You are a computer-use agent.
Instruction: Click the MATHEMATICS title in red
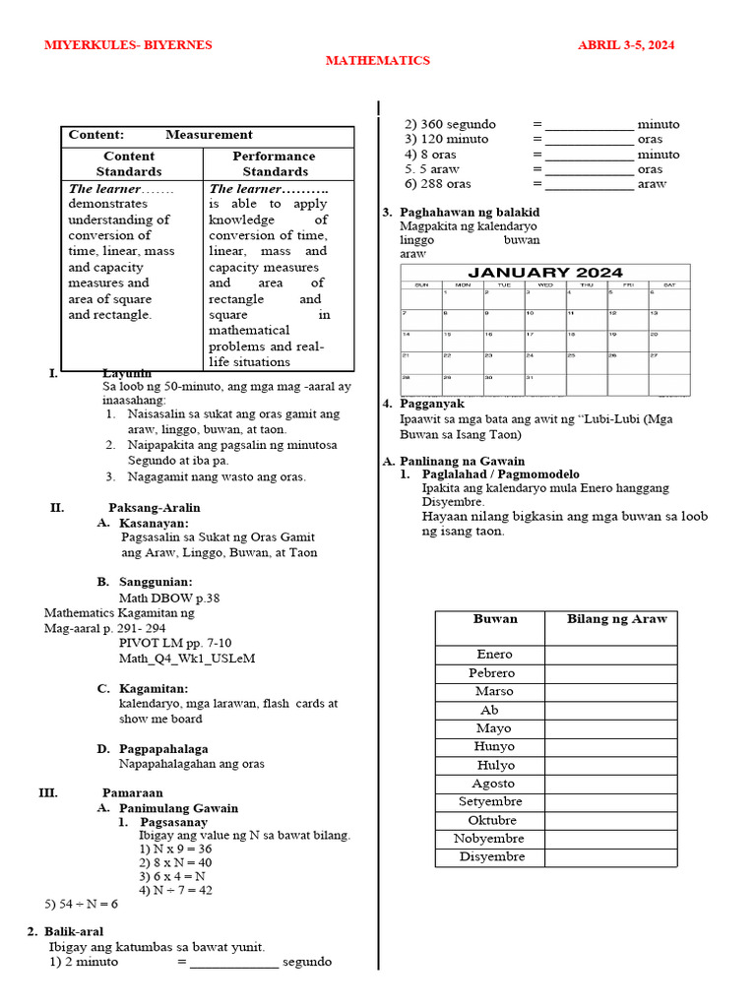point(378,61)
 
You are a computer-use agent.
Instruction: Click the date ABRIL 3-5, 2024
point(625,45)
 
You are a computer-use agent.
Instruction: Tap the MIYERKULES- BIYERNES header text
point(128,45)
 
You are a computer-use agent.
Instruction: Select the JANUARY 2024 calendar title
point(544,273)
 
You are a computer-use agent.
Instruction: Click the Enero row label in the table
point(494,655)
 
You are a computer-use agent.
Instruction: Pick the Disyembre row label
point(493,857)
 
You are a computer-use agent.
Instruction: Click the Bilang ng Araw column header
point(616,619)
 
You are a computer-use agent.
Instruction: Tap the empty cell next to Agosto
point(610,784)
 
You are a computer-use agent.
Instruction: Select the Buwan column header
point(495,619)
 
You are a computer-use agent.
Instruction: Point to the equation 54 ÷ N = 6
point(81,904)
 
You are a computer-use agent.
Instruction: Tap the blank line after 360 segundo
point(589,126)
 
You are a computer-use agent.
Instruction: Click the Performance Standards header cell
point(274,163)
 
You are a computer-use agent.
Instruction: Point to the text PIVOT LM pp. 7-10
point(175,643)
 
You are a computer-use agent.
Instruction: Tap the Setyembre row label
point(490,802)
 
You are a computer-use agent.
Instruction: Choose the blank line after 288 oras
point(589,185)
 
